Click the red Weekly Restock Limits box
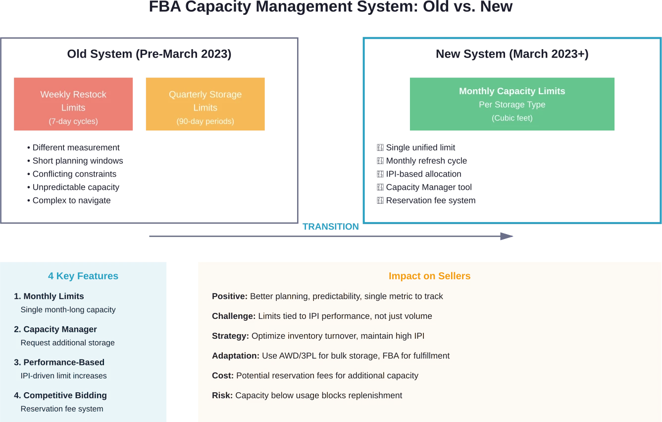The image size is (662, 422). coord(73,103)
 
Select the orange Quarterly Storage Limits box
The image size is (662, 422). coord(204,103)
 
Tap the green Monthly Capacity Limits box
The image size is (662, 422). coord(512,103)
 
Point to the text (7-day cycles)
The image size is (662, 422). coord(73,121)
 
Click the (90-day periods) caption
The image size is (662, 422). coord(205,121)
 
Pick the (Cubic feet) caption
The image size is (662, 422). coord(512,118)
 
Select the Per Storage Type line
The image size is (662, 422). coord(512,105)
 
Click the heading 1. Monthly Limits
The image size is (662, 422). coord(49,297)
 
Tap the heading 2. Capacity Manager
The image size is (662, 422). coord(55,329)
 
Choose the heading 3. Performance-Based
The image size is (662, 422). coord(59,362)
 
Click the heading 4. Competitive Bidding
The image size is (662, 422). coord(60,395)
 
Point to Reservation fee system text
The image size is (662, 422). coord(62,409)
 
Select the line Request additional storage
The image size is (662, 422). coord(67,343)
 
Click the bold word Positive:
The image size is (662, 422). coord(229,297)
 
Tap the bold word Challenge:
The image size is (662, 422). coord(234,316)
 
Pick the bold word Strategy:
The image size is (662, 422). coord(230,336)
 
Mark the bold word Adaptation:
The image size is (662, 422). coord(236,356)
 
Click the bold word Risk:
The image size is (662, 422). coord(222,396)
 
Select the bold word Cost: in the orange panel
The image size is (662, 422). coord(223,376)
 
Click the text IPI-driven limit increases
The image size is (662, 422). coord(63,376)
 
